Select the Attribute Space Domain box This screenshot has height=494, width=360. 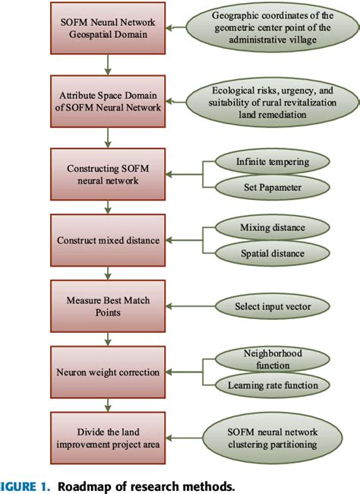click(108, 102)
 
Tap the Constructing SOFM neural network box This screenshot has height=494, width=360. click(108, 173)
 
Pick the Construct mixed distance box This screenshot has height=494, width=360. click(108, 240)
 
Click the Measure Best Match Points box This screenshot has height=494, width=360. click(108, 307)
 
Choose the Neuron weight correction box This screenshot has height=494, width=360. click(108, 373)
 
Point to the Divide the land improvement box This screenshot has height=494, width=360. click(108, 439)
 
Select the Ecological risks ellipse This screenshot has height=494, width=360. click(272, 102)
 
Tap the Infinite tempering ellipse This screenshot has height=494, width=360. click(272, 161)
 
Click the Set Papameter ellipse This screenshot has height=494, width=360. click(272, 187)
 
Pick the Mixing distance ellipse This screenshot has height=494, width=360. click(272, 227)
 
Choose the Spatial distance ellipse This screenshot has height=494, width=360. click(272, 252)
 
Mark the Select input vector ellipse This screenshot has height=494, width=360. click(272, 307)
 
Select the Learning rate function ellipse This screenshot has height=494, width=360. click(272, 385)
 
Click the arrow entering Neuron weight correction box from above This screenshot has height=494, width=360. click(108, 339)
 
